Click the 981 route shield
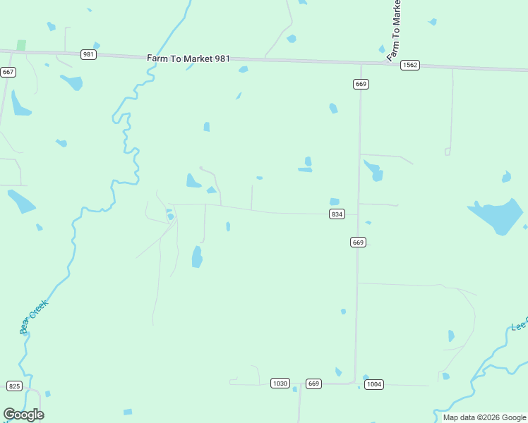click(x=88, y=54)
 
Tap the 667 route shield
click(x=8, y=72)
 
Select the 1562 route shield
click(x=410, y=65)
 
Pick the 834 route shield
click(x=337, y=214)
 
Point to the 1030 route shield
click(x=280, y=384)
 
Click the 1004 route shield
click(x=374, y=384)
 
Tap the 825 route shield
click(x=14, y=386)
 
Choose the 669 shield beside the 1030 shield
click(x=314, y=384)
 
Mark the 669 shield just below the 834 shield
click(x=358, y=242)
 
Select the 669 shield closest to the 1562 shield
click(x=361, y=84)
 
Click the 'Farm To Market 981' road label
click(x=188, y=59)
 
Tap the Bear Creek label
click(x=33, y=317)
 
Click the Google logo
click(x=23, y=415)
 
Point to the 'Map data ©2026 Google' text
click(x=484, y=417)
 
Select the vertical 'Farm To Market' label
click(x=395, y=30)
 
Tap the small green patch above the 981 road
click(x=21, y=44)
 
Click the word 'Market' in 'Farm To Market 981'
click(x=198, y=59)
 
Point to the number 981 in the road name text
click(x=222, y=59)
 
